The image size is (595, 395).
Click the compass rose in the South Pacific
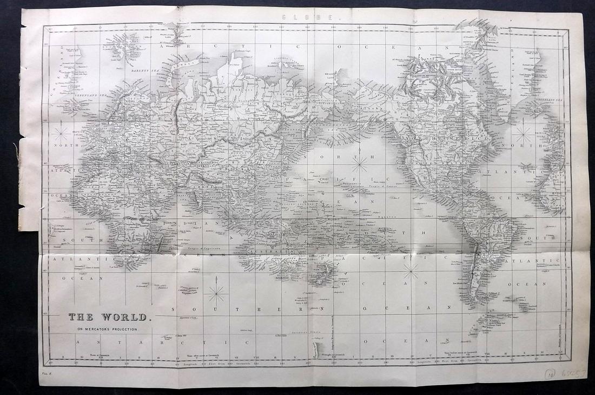pos(411,271)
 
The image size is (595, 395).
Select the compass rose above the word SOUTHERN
pos(216,293)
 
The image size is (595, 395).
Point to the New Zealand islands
pos(320,274)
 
